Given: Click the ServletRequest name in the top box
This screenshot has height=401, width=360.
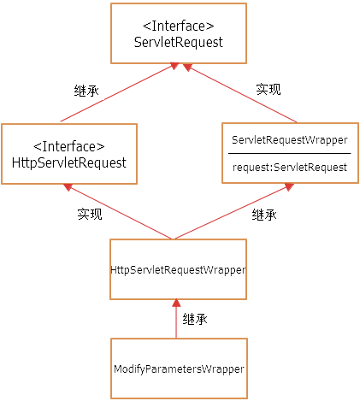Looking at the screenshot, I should coord(179,42).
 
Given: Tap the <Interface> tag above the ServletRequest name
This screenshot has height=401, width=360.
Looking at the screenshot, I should coord(179,26).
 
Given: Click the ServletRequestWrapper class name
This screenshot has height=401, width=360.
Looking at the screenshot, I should coord(289,139).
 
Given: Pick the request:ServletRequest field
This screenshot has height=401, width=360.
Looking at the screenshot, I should coord(289,168).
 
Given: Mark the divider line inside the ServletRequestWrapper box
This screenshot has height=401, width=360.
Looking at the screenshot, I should coord(289,153).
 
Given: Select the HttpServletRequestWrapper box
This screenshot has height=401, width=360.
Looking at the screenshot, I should coord(178,269).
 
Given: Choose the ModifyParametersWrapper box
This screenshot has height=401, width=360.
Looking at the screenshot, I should coord(178,369).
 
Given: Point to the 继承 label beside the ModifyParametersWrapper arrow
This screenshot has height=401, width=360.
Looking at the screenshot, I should coord(195,319).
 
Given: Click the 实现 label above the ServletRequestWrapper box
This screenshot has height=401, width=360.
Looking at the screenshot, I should coord(269,89).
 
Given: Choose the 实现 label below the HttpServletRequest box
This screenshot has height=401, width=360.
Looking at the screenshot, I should coord(89,215).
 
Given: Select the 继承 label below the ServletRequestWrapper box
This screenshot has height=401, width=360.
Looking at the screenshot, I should coord(264,215).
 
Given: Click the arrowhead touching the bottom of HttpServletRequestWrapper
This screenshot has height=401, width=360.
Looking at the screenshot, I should coord(177,304).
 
